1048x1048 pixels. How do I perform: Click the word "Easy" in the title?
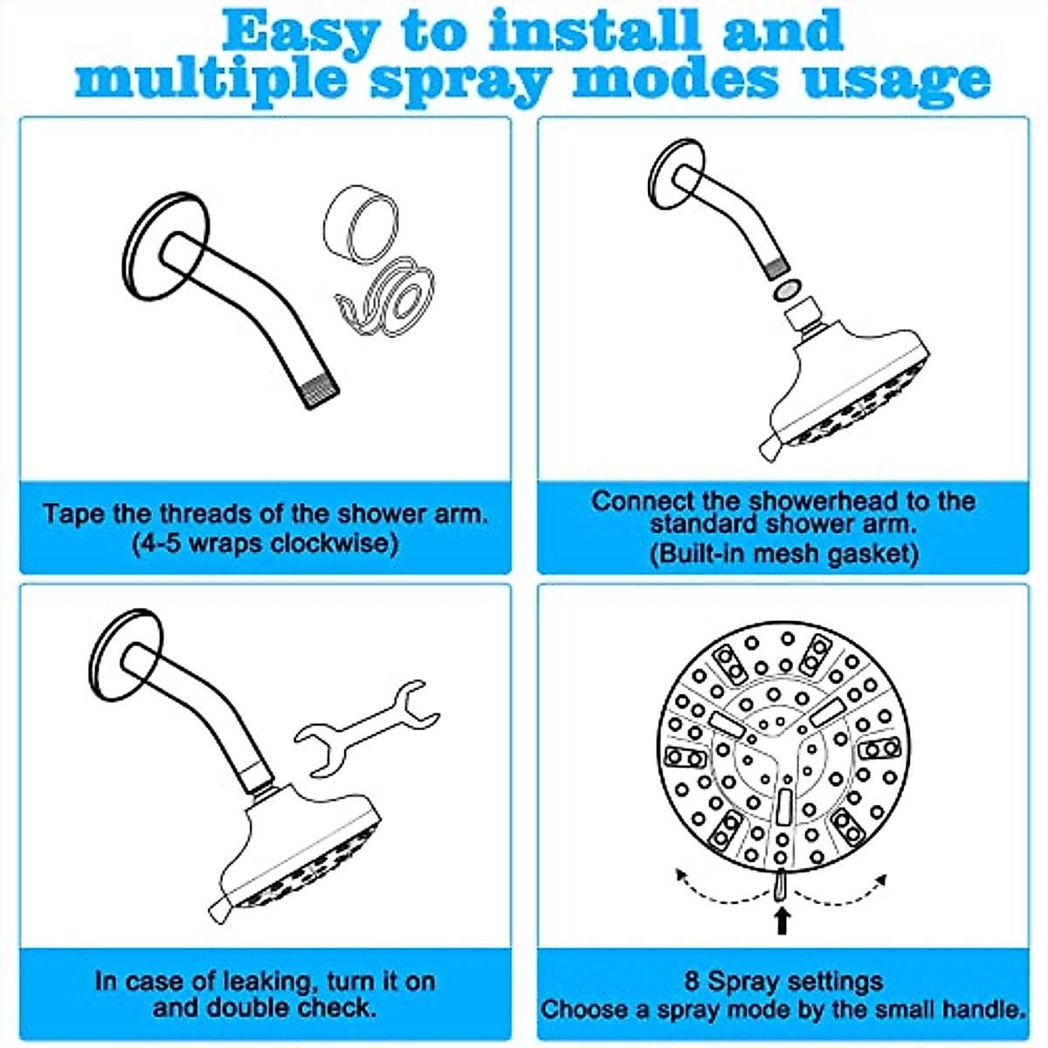point(300,31)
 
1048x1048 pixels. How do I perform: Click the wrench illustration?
point(367,728)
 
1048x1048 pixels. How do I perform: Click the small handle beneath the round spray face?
point(781,885)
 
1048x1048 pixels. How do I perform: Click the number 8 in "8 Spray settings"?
point(692,982)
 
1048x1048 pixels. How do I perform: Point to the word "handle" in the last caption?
point(982,1010)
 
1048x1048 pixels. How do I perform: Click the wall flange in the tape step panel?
point(166,245)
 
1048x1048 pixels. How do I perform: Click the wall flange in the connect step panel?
point(678,175)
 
